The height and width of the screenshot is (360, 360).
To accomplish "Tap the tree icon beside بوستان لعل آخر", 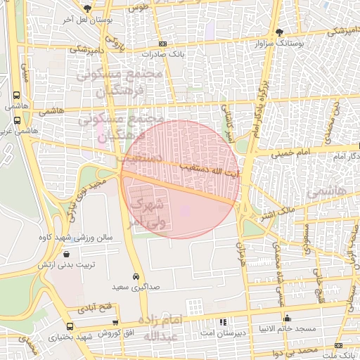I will [86, 8].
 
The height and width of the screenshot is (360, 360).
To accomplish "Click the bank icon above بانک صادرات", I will [167, 43].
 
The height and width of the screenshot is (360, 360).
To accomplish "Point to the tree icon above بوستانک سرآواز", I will [279, 32].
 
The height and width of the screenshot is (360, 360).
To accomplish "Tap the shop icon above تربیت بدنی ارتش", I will [66, 254].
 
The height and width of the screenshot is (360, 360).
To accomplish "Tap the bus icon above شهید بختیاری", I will [69, 327].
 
